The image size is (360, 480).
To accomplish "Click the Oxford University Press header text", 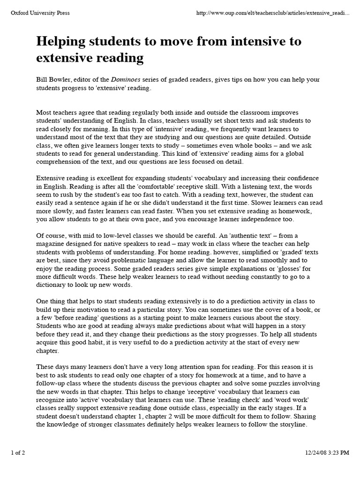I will click(40, 13).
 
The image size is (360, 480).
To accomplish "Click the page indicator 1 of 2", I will click(19, 466).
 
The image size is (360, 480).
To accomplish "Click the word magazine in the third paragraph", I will click(52, 243).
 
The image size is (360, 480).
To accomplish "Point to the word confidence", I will click(302, 179).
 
